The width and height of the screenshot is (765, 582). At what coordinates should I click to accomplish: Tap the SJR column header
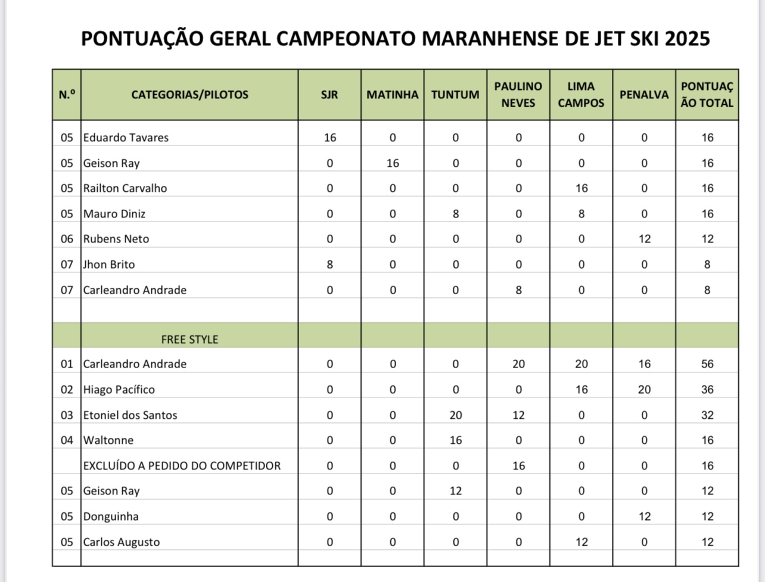pos(329,95)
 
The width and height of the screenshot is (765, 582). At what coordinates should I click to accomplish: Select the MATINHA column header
pos(392,95)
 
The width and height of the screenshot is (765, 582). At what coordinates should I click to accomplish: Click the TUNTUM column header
pos(455,95)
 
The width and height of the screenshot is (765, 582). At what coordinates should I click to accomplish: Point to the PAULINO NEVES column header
pos(518,95)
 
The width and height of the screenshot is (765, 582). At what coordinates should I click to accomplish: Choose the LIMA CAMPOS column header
pos(581,95)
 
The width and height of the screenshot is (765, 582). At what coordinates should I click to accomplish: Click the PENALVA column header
pos(644,95)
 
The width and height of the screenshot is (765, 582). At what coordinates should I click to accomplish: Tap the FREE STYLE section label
pos(189,340)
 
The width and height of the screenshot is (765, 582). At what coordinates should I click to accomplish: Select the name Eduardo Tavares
pos(126,138)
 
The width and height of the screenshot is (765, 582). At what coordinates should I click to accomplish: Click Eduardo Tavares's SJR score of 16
pos(330,138)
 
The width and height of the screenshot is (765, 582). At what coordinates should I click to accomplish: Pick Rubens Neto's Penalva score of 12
pos(645,239)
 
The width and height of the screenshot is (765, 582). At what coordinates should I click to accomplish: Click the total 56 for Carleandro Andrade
pos(707,364)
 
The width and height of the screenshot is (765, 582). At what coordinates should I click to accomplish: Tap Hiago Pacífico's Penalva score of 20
pos(645,390)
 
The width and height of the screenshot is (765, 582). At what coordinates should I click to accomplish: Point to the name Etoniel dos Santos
pos(130,415)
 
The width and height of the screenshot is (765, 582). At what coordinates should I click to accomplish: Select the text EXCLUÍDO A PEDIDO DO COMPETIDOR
pos(182,466)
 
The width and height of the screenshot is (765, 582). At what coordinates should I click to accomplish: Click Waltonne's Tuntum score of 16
pos(456,440)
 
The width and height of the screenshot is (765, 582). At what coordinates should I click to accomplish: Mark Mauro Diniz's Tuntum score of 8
pos(456,214)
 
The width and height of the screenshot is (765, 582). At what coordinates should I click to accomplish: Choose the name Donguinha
pos(111,516)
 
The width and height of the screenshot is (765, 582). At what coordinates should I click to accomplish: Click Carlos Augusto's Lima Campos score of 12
pos(581,542)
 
